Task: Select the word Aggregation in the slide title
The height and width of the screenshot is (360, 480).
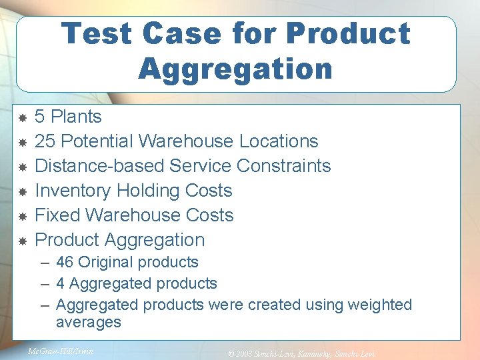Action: tap(235, 69)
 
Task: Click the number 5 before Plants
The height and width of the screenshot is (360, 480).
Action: tap(40, 117)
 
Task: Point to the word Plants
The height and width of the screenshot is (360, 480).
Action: tap(76, 117)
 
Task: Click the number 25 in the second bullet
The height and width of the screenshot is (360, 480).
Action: tap(45, 141)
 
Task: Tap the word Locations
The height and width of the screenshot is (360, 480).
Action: tap(279, 141)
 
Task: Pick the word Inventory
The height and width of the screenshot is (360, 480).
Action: tap(73, 191)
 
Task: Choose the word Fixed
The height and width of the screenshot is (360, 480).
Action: tap(57, 215)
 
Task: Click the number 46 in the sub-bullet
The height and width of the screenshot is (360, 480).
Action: tap(65, 262)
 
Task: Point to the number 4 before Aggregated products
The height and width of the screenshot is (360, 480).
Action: tap(61, 283)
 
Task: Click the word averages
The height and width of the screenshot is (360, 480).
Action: tap(89, 323)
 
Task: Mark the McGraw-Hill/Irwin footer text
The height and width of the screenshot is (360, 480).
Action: tap(61, 351)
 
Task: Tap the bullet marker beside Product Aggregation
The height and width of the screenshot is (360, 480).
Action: tap(21, 240)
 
